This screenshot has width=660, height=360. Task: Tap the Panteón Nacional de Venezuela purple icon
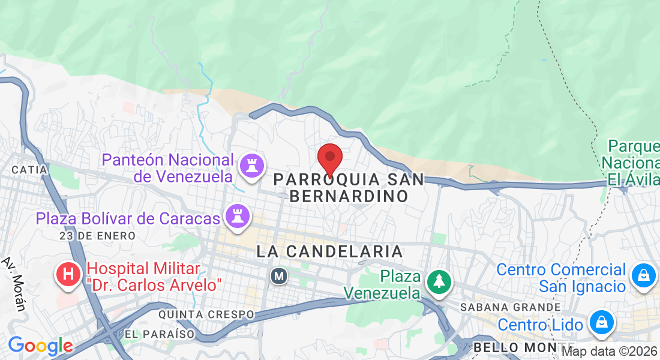point(251,166)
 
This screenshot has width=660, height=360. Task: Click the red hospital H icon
point(69,275)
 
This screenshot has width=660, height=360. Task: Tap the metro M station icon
point(278,276)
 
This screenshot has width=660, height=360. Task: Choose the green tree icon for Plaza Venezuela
point(439,281)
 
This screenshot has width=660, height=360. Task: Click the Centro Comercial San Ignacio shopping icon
point(643,276)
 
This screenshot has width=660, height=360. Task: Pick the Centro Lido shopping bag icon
point(601,322)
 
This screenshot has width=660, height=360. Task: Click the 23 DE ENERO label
point(97,236)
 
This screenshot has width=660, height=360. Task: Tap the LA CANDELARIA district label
point(329,251)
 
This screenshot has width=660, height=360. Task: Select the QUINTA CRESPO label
point(206,314)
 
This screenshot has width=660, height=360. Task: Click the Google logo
point(40,346)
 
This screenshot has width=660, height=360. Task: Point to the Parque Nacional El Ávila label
point(633,163)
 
